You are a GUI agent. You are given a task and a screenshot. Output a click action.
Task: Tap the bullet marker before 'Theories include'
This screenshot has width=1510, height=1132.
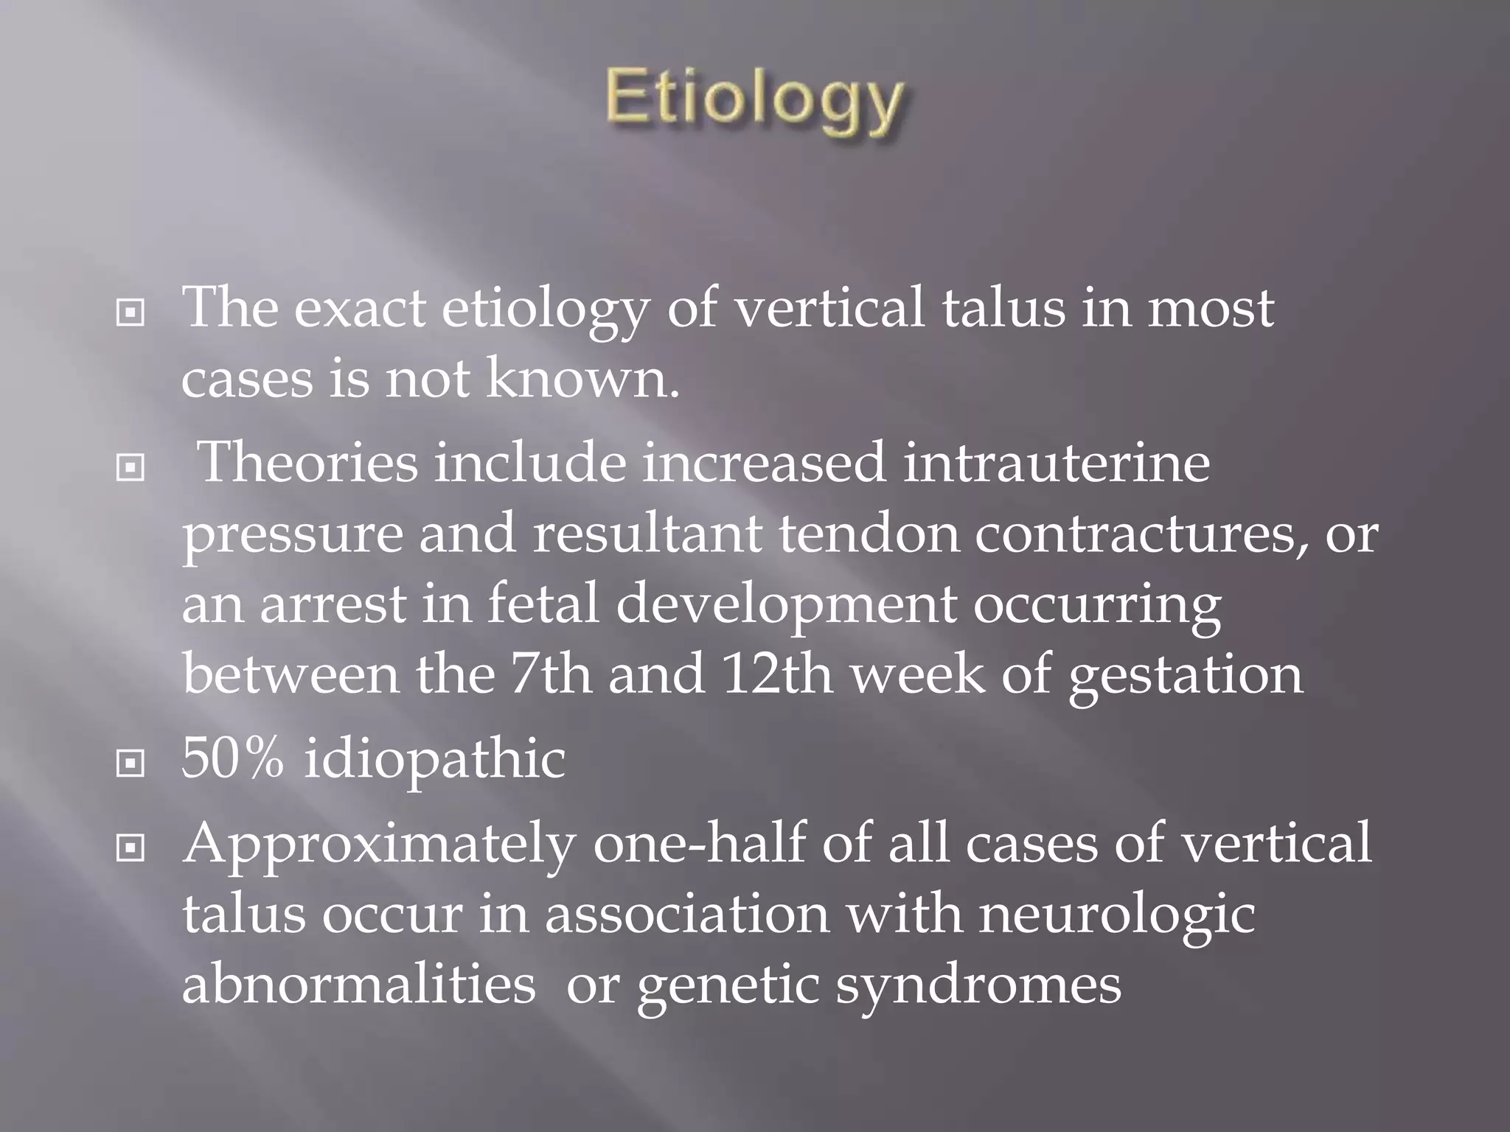131,467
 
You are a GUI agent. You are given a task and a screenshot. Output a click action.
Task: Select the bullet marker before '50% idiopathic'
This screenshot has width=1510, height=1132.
131,764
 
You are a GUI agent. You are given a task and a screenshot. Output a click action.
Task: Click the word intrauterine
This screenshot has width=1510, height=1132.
1056,463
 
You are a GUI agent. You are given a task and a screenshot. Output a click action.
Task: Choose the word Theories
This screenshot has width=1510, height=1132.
309,463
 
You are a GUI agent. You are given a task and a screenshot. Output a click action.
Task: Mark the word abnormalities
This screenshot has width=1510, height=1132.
358,985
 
